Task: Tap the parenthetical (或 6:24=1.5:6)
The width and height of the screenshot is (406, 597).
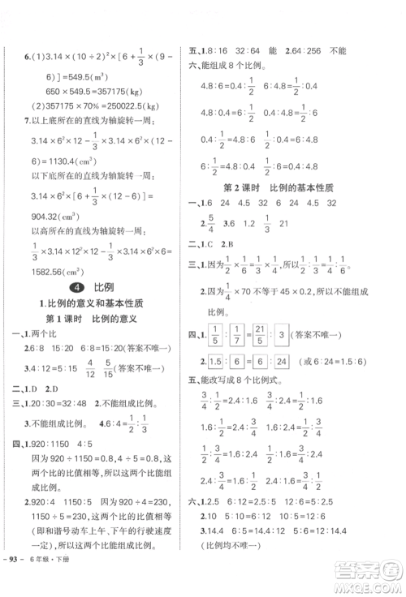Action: click(345, 361)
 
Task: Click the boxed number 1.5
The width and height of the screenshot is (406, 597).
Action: click(215, 361)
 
